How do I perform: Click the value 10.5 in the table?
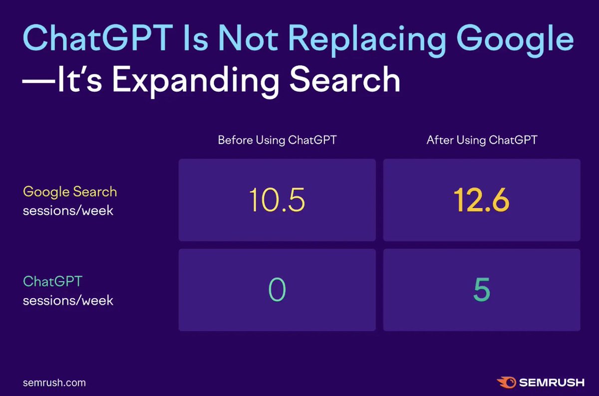click(x=277, y=200)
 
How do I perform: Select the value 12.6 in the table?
click(x=482, y=200)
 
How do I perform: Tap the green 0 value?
click(x=277, y=290)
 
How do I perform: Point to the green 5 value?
click(x=482, y=291)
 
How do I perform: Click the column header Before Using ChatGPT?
click(x=277, y=140)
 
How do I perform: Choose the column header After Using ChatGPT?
click(x=482, y=140)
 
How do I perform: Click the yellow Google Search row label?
click(x=70, y=192)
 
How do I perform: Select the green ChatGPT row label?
click(x=52, y=282)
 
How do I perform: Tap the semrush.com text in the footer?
click(x=54, y=383)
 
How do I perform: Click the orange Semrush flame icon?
click(x=505, y=383)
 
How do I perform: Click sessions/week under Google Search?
click(x=68, y=210)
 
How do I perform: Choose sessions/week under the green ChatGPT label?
click(x=68, y=301)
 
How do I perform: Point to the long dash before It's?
click(x=38, y=81)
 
